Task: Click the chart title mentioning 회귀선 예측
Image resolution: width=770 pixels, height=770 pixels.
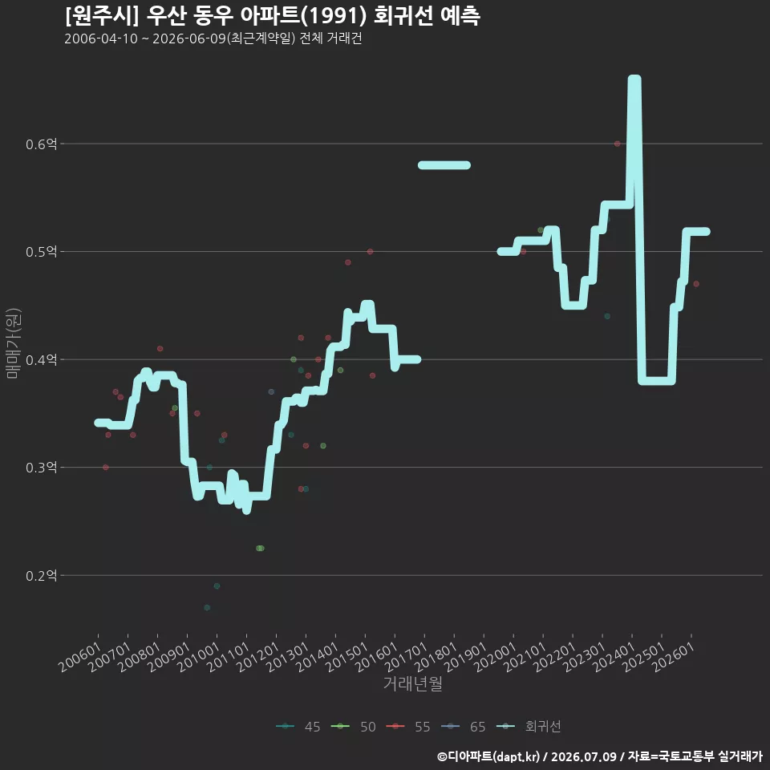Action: click(x=273, y=16)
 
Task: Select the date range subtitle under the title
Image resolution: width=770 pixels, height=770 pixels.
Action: click(x=213, y=38)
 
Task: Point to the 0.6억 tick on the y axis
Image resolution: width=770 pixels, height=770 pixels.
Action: click(x=41, y=144)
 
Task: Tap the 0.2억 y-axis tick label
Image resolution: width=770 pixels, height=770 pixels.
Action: click(x=41, y=575)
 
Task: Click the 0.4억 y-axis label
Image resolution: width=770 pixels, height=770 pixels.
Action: click(x=41, y=359)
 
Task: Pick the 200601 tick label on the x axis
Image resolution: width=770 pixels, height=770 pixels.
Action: click(x=80, y=657)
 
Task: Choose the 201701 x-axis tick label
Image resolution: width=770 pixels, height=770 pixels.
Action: click(x=406, y=657)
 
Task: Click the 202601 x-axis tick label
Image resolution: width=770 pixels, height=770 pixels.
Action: click(x=673, y=657)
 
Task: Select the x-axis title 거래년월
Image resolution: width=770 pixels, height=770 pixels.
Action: click(x=412, y=683)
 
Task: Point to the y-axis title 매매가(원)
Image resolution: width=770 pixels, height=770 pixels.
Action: click(x=12, y=343)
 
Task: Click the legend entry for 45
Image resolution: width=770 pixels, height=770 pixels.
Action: click(x=298, y=727)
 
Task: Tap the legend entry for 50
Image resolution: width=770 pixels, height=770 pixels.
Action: click(x=354, y=727)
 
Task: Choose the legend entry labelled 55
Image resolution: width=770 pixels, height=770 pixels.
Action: click(x=408, y=727)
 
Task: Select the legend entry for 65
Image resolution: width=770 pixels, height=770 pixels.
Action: click(x=464, y=727)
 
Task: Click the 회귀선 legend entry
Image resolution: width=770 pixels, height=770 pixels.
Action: click(x=529, y=727)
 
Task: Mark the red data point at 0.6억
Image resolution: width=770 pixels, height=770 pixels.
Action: click(x=618, y=144)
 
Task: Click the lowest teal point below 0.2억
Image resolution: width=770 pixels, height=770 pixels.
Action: click(x=207, y=607)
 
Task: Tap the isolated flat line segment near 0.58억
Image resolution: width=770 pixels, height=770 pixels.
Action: click(x=444, y=165)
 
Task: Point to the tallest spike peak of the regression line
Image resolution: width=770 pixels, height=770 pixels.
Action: click(x=634, y=79)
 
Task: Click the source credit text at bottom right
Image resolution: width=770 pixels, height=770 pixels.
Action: click(x=600, y=756)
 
